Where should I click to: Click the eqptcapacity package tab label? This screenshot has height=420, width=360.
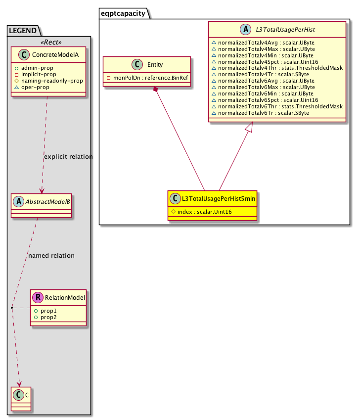coord(123,13)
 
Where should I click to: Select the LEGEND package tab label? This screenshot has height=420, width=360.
coord(23,31)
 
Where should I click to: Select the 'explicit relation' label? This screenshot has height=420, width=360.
coord(68,157)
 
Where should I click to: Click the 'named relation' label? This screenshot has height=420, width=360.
coord(51,256)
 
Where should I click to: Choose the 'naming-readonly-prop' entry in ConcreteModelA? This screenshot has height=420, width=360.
coord(51,80)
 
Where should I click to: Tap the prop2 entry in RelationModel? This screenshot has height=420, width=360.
coord(49,317)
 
